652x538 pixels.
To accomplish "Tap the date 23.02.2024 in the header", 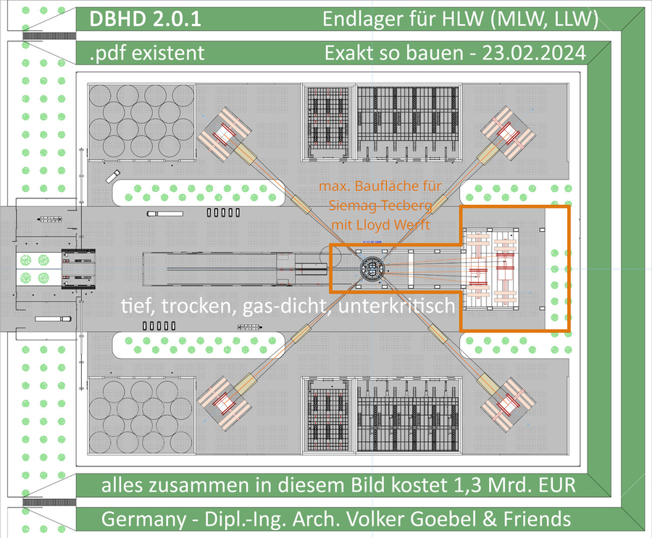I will (x=533, y=54).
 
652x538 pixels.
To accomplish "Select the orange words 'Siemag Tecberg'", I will (x=380, y=206).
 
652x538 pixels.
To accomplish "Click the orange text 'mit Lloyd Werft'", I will (x=380, y=224).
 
